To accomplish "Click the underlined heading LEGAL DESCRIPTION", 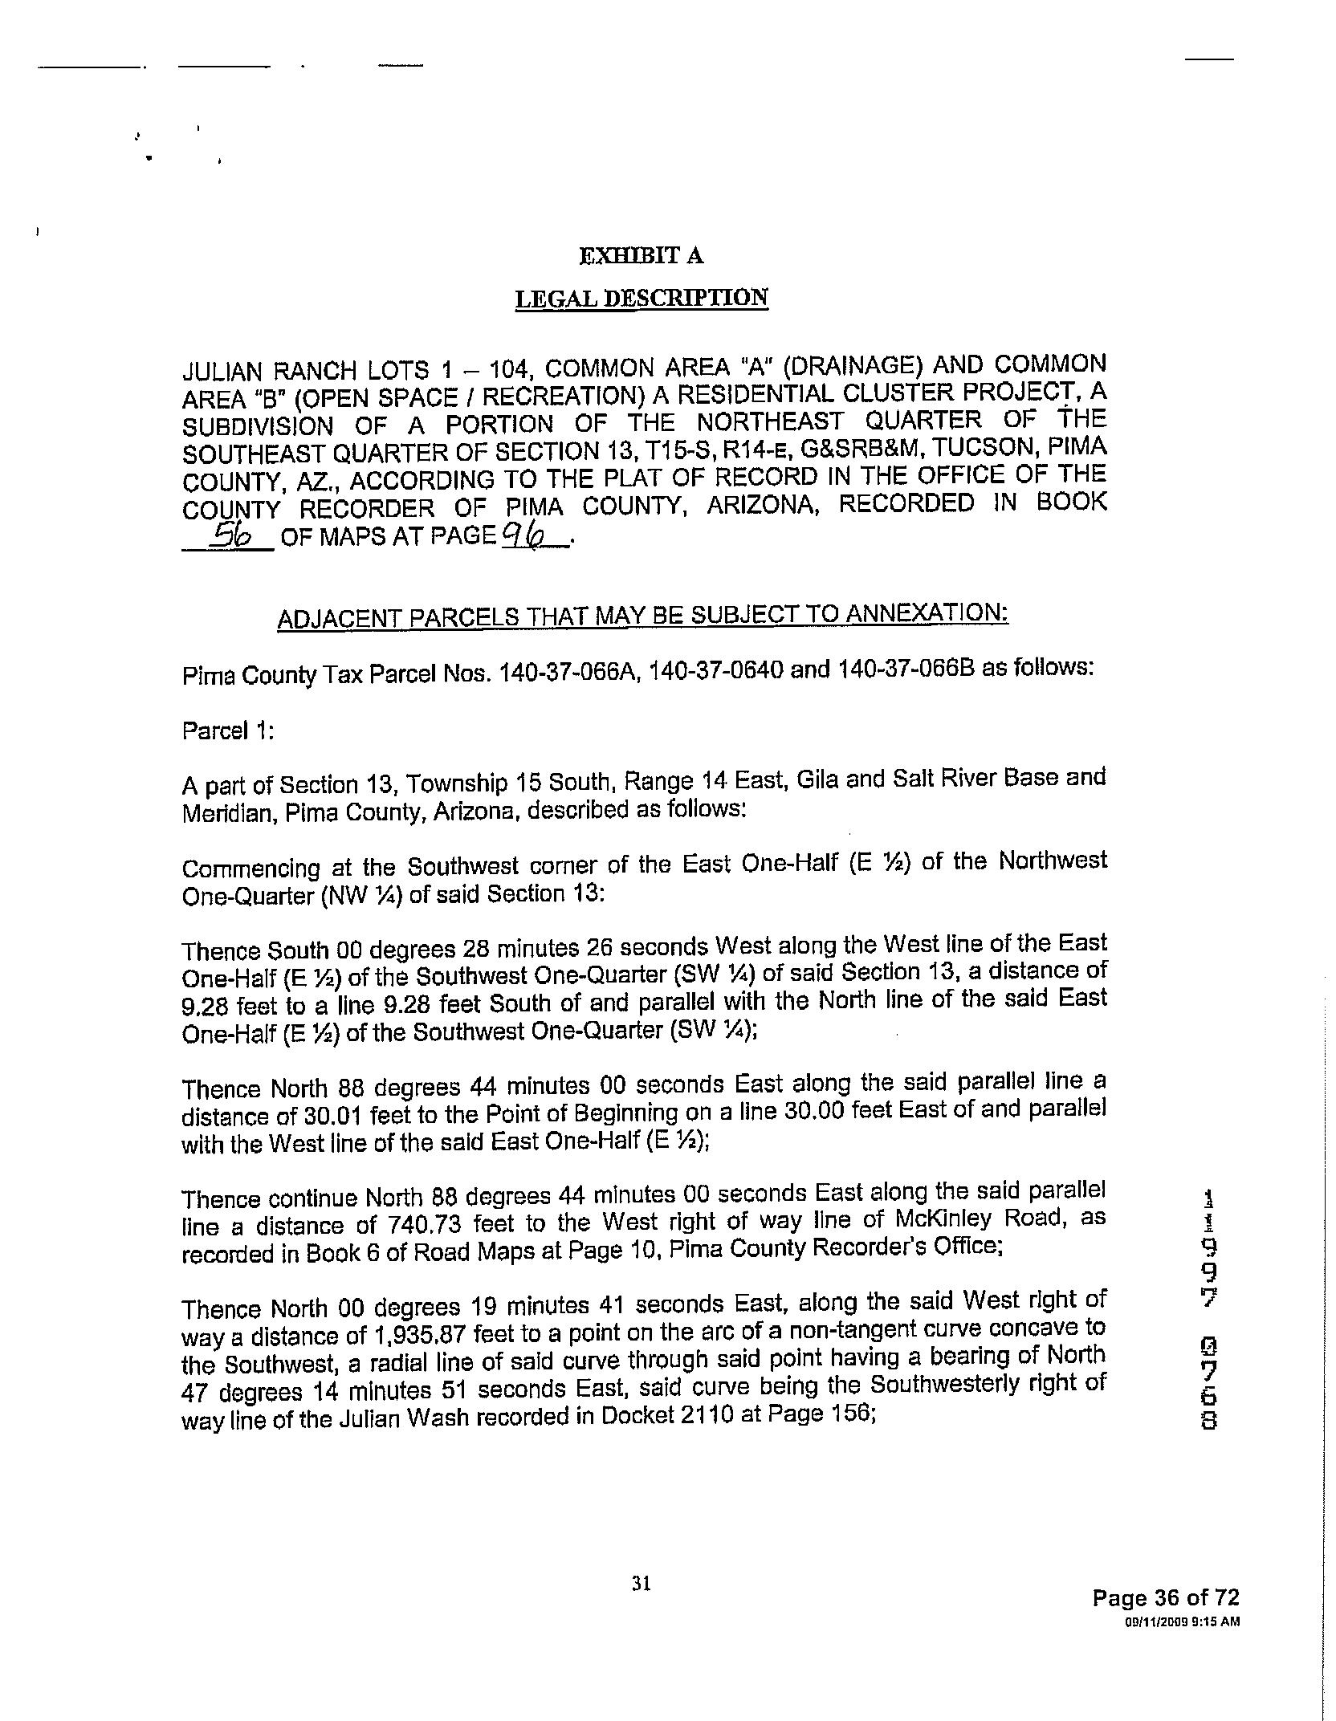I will pyautogui.click(x=641, y=299).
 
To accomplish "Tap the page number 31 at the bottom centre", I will pyautogui.click(x=641, y=1583).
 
